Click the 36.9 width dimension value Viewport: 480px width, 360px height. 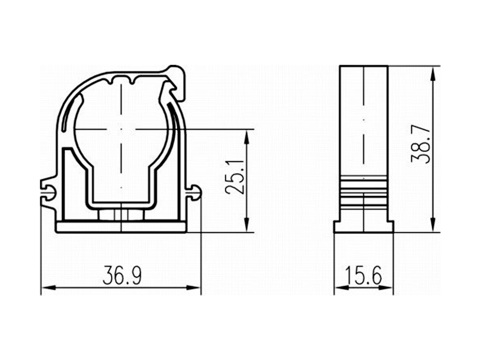point(122,275)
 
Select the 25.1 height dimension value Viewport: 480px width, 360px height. point(235,177)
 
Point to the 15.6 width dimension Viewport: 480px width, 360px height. point(363,275)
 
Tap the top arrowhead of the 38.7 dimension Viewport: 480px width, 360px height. point(433,74)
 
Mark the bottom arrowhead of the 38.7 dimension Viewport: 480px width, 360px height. point(433,225)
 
